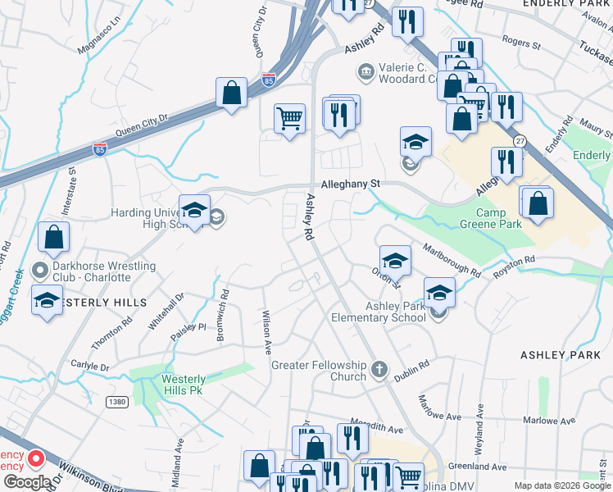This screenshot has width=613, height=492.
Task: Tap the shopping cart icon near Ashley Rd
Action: pyautogui.click(x=289, y=119)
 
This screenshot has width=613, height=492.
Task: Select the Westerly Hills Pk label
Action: pyautogui.click(x=182, y=385)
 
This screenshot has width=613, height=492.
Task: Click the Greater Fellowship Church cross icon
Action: pyautogui.click(x=379, y=369)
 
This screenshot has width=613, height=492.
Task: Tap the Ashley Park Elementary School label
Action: pyautogui.click(x=384, y=312)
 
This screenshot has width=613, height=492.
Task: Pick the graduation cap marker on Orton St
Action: pyautogui.click(x=395, y=261)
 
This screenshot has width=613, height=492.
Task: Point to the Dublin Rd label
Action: pyautogui.click(x=411, y=371)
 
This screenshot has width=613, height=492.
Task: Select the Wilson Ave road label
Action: pyautogui.click(x=266, y=331)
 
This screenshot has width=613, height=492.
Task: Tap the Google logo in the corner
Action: pyautogui.click(x=27, y=482)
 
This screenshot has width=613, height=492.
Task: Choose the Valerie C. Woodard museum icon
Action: pyautogui.click(x=365, y=73)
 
